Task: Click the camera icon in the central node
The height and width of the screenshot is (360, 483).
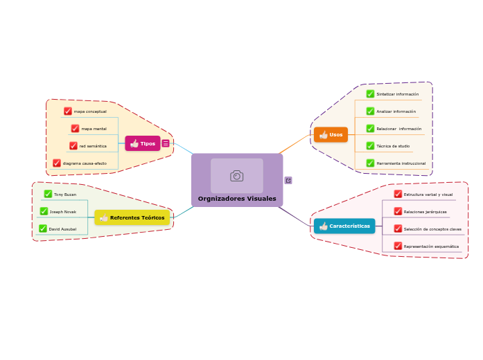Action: (x=237, y=176)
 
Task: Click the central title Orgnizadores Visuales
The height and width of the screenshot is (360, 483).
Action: (x=237, y=199)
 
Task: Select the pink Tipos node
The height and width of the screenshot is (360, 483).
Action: (x=143, y=143)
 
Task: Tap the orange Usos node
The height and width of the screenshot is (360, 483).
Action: (x=331, y=134)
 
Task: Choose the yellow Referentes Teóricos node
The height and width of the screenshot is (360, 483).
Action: (x=132, y=217)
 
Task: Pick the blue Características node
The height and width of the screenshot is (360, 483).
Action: (x=344, y=226)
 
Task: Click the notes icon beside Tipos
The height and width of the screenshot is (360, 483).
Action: (x=166, y=143)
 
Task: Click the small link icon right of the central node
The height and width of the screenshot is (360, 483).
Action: (x=288, y=181)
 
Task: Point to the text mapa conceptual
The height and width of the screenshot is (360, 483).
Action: (x=90, y=111)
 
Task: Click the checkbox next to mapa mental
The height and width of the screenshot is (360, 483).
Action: (x=75, y=129)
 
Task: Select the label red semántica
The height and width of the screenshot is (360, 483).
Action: (x=93, y=146)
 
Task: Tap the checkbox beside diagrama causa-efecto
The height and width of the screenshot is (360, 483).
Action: (x=57, y=163)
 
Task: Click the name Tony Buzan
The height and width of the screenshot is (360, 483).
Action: (x=65, y=195)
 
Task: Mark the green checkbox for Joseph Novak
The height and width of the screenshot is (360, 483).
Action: (x=44, y=211)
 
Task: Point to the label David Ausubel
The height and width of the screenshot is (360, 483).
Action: (x=62, y=228)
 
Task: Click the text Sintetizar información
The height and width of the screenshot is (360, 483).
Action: (x=397, y=94)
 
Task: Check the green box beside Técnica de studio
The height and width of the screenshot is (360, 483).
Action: (x=370, y=146)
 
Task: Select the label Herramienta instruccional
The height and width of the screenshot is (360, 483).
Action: (x=401, y=163)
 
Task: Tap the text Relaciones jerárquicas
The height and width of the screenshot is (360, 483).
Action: (x=425, y=212)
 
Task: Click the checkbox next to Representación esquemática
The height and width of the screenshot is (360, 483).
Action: (x=398, y=246)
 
